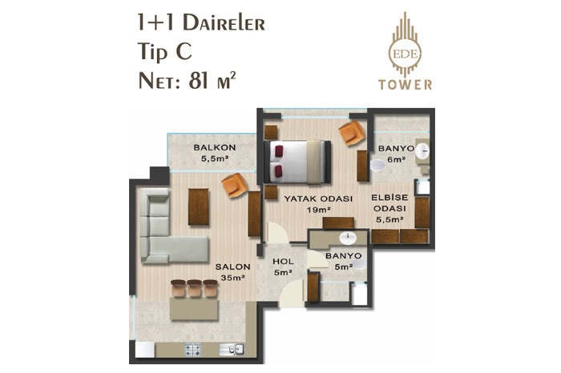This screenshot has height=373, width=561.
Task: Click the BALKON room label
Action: [x=215, y=146]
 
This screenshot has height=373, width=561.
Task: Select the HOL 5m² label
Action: [x=283, y=267]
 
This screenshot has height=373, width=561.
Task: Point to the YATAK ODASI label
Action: [x=318, y=199]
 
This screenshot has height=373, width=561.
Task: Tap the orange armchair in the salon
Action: [x=234, y=185]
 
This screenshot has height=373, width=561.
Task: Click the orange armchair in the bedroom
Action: [x=352, y=133]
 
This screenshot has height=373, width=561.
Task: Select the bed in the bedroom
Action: [x=297, y=162]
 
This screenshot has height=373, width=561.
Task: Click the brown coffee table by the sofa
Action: [x=199, y=207]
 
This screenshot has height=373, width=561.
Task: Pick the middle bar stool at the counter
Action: [x=195, y=289]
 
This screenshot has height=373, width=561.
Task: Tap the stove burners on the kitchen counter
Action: [x=193, y=350]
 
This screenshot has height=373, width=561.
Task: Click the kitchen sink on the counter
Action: [x=232, y=349]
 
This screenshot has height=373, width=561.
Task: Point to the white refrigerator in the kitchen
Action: [x=145, y=349]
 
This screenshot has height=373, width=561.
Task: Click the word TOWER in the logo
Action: [x=405, y=85]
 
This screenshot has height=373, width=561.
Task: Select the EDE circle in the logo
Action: [x=405, y=54]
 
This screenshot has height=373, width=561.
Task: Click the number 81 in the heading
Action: [x=199, y=81]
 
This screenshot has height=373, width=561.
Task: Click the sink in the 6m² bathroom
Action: [x=422, y=150]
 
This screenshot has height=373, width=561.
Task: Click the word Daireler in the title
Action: [x=224, y=23]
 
